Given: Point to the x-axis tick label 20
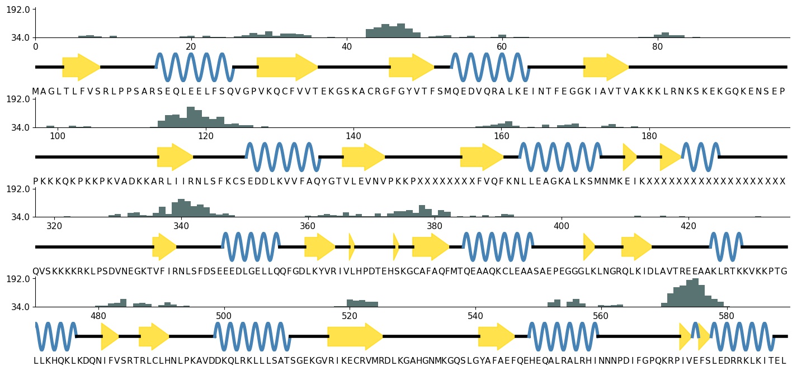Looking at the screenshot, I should coord(191,46).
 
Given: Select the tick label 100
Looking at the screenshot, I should coord(57,136).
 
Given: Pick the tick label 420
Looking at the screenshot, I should coord(688,226).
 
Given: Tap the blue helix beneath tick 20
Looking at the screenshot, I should coord(195,67).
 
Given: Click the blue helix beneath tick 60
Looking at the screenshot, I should coord(489,67).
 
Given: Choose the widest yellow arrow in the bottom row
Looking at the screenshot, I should coord(355,336).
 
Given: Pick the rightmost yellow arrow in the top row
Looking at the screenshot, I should coord(606,67).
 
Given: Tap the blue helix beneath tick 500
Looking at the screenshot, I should coord(252,336).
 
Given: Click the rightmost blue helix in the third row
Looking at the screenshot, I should coord(725,246).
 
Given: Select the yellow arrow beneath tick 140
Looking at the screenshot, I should coord(364,157).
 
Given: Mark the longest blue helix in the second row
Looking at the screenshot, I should coord(560,157).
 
